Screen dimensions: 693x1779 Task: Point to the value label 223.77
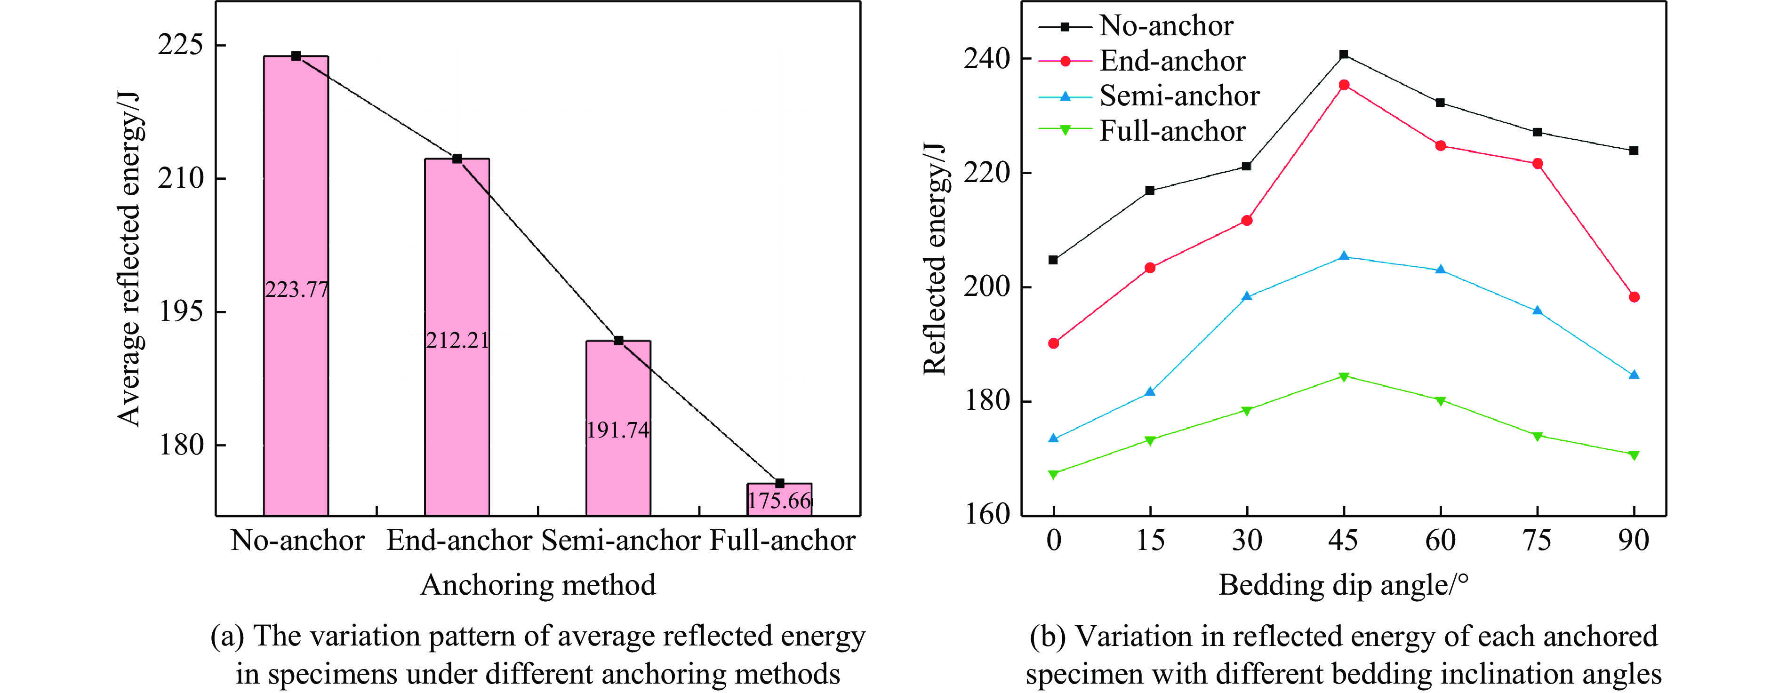(x=297, y=289)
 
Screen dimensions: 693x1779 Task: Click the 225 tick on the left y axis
(x=180, y=45)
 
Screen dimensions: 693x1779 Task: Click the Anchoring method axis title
(x=538, y=585)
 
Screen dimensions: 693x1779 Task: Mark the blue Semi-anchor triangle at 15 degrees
(x=1150, y=392)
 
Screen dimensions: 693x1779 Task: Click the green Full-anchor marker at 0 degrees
(x=1053, y=474)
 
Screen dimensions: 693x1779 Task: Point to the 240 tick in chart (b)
(x=986, y=59)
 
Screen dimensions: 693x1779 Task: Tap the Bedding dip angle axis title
(x=1343, y=585)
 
